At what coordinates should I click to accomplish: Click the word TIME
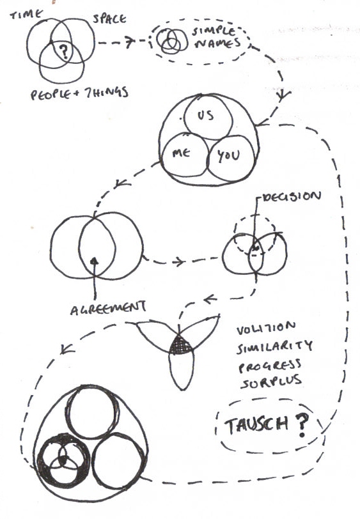click(x=26, y=15)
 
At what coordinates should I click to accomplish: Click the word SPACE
click(x=109, y=19)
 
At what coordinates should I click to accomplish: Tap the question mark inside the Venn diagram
click(x=64, y=52)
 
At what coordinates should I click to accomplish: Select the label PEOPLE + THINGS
click(x=79, y=93)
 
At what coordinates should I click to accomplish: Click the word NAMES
click(x=217, y=43)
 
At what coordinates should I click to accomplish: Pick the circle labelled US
click(x=208, y=117)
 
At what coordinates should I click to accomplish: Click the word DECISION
click(x=292, y=197)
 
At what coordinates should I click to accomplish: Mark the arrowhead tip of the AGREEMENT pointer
click(x=95, y=258)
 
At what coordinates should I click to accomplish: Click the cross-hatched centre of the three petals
click(x=180, y=346)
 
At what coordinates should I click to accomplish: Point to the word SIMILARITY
click(x=274, y=346)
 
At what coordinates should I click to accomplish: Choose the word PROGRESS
click(x=270, y=366)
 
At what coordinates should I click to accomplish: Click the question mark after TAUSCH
click(x=301, y=424)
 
